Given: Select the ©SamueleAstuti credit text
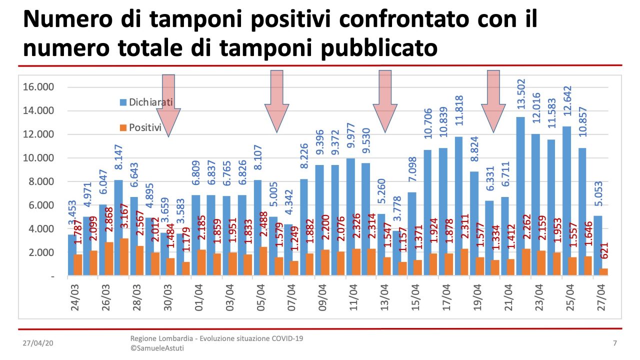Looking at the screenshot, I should [157, 348].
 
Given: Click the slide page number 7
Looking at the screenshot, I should [614, 343].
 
